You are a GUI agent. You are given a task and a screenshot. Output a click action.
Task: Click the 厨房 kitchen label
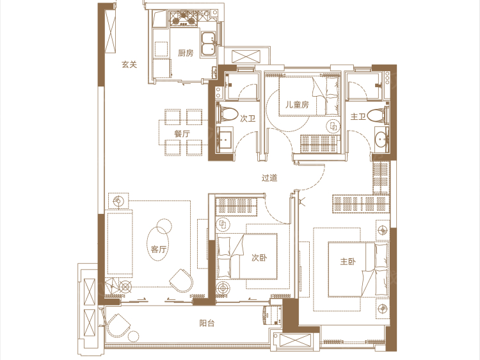point(186,53)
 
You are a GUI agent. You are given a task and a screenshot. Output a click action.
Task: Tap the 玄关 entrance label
point(129,64)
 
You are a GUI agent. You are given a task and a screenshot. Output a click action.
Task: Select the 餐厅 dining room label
point(182,134)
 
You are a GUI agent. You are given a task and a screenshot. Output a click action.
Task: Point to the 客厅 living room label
point(158,249)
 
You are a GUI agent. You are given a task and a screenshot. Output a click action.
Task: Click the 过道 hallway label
point(269,177)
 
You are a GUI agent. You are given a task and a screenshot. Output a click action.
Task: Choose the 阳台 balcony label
point(207,323)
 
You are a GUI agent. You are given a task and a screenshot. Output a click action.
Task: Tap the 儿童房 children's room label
point(297,105)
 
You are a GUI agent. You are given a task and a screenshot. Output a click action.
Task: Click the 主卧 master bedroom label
point(348,261)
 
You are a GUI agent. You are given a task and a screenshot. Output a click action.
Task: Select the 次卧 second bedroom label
point(259,258)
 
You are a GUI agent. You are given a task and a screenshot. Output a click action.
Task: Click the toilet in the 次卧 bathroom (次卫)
point(227,115)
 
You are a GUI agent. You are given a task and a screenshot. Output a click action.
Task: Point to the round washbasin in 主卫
point(381,140)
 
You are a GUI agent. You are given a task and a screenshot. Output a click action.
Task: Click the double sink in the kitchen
point(209,44)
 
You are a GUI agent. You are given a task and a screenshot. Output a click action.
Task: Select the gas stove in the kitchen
point(184,18)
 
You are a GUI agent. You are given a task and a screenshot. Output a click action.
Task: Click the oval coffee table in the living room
point(157,244)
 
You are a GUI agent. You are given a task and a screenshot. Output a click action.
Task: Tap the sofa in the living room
point(120,242)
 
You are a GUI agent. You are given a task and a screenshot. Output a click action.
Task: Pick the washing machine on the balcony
point(271,315)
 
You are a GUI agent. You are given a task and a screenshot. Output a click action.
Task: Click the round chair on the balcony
point(120,325)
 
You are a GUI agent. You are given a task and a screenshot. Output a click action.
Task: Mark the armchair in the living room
point(181,281)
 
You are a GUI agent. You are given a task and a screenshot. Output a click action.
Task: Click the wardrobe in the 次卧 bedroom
point(236,206)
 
